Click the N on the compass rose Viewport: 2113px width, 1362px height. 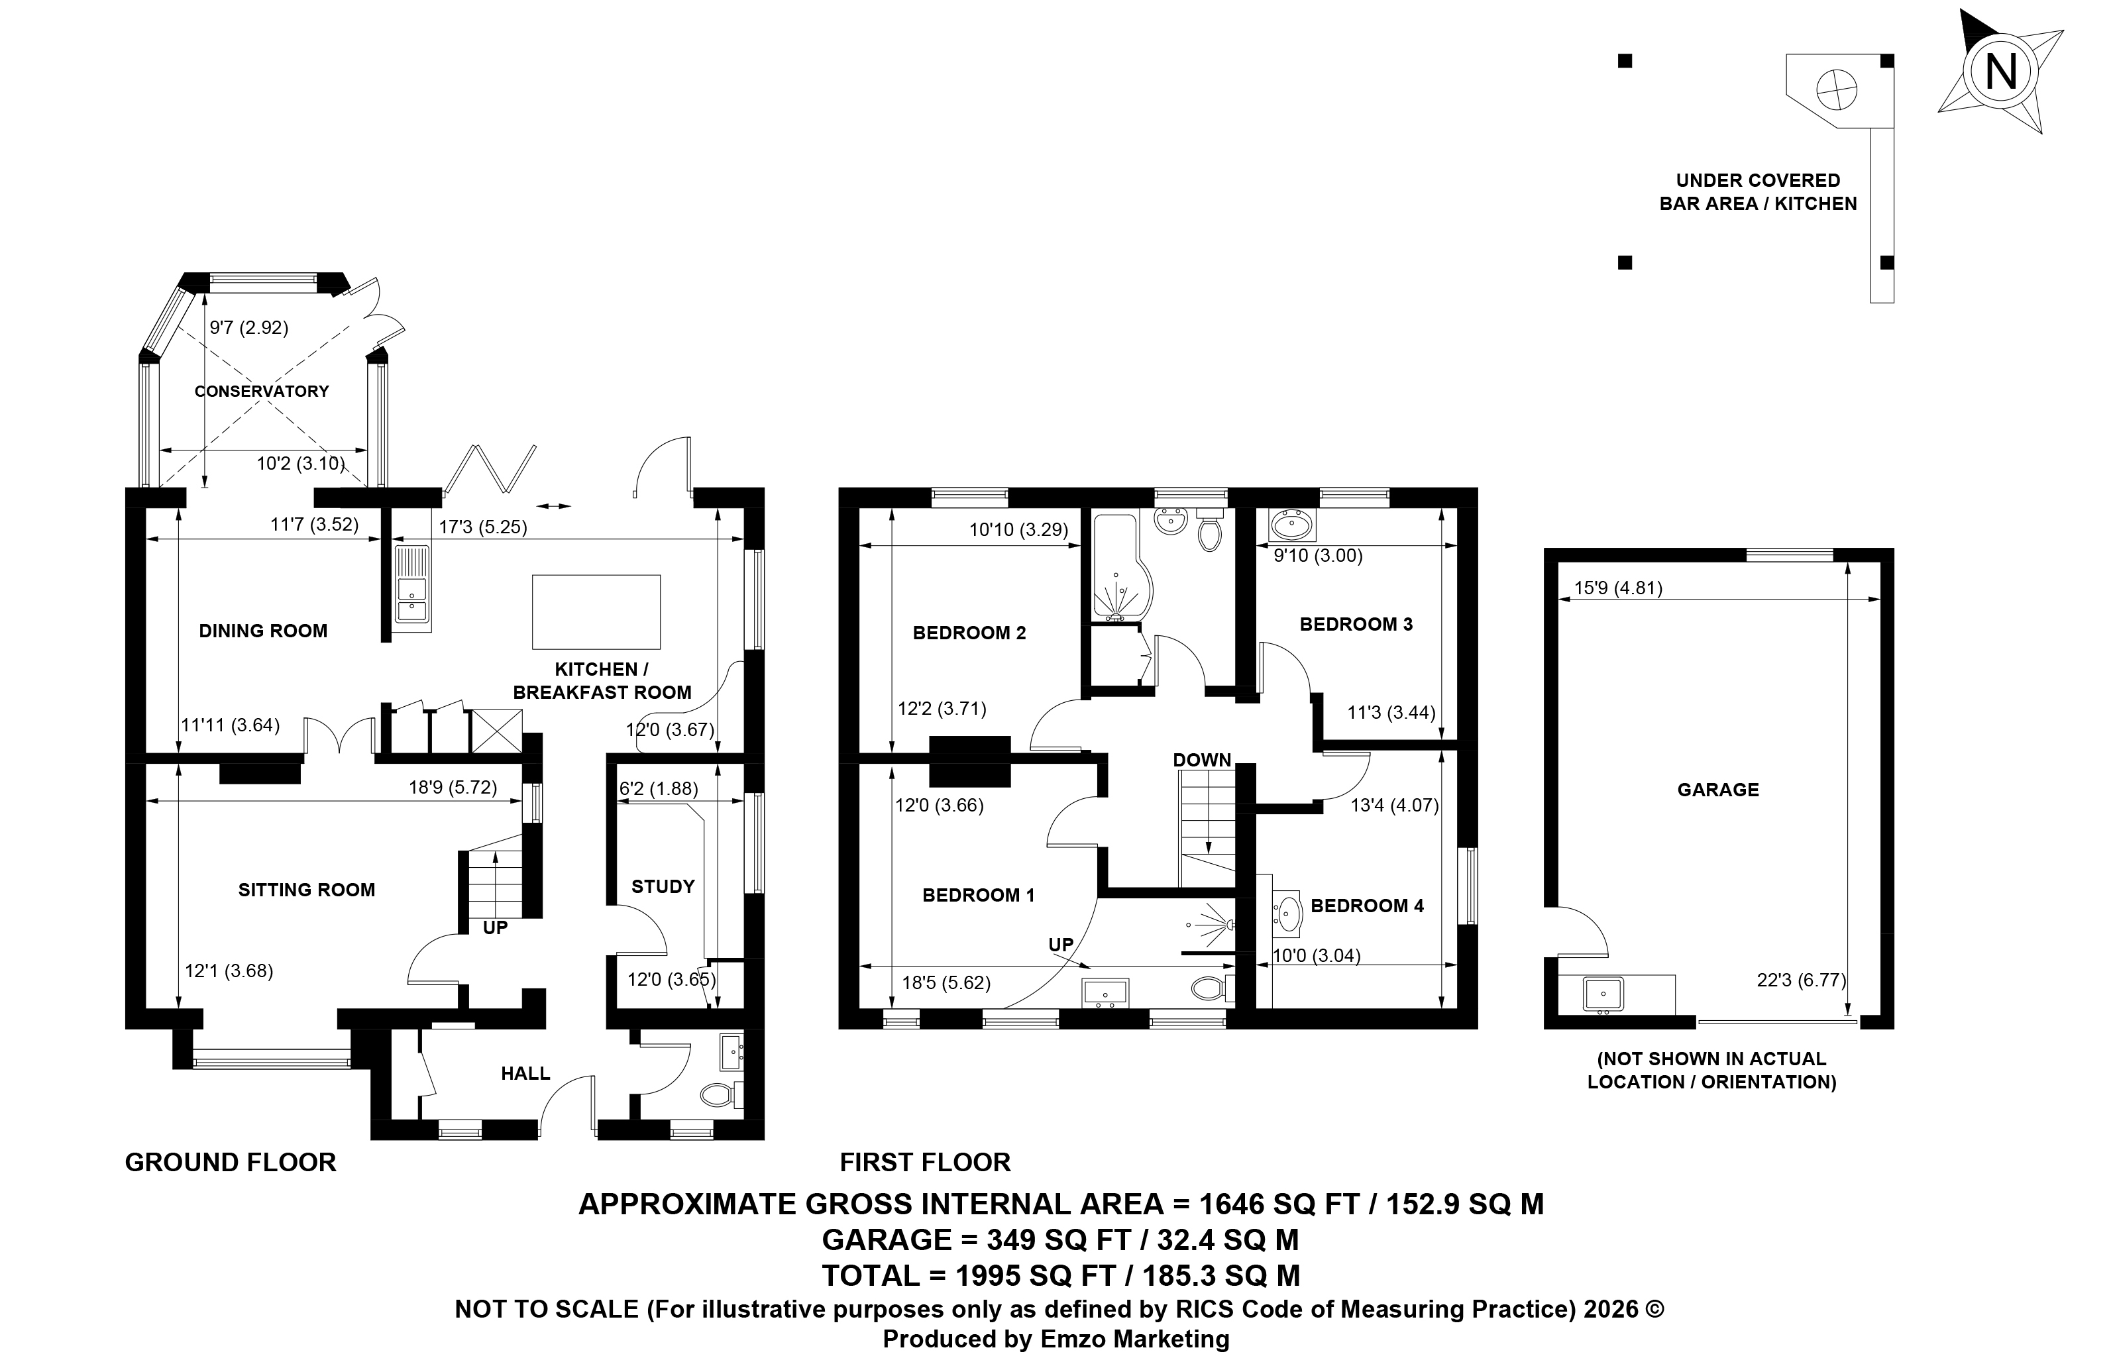(x=2000, y=71)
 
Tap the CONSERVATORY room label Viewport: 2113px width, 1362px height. (x=262, y=391)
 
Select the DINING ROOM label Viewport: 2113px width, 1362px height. (x=262, y=631)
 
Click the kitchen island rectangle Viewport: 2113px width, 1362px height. (x=596, y=612)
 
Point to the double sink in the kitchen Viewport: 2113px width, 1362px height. (x=412, y=586)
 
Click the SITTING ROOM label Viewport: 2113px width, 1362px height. (x=306, y=890)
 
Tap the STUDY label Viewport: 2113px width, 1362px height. (x=663, y=886)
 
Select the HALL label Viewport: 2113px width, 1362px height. (x=525, y=1073)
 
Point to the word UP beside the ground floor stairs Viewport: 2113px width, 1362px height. (x=496, y=927)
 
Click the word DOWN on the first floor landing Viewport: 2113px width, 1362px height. (x=1202, y=760)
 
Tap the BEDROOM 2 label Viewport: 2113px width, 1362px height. (x=969, y=633)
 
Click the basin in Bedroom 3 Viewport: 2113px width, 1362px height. (x=1292, y=525)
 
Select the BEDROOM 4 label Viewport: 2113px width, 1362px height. (x=1368, y=906)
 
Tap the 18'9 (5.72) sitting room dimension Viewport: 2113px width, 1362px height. (x=452, y=787)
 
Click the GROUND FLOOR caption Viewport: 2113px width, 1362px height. (x=231, y=1162)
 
